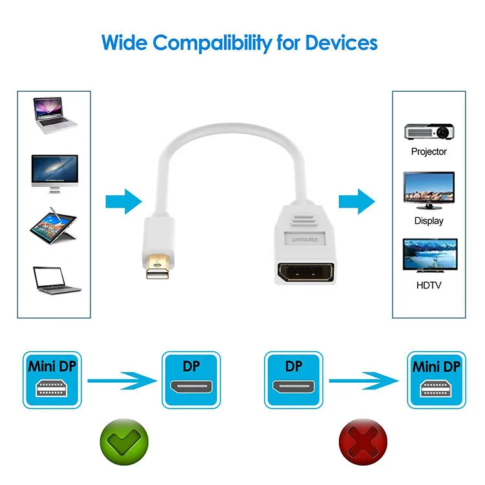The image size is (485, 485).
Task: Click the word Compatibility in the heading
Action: pos(211,43)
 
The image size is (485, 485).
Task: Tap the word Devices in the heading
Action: pos(341,43)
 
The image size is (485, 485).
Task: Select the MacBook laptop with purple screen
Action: pos(55,115)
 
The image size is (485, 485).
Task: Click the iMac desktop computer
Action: pos(55,174)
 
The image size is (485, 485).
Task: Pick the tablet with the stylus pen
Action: pos(54,226)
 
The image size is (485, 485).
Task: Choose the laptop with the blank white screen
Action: pos(57,280)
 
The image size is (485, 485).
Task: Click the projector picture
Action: pos(429,132)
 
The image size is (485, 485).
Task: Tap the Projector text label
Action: pos(429,151)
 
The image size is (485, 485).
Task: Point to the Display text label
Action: pos(429,221)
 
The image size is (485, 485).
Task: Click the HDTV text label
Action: pos(429,285)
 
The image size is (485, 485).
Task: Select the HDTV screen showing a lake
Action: pos(430,255)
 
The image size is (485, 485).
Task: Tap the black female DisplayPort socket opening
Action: pos(306,272)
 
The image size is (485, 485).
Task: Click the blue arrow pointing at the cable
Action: pos(124,201)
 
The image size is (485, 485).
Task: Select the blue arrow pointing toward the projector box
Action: pos(357,201)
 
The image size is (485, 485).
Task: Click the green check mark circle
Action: pos(124,442)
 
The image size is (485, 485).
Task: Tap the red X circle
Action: pos(363,442)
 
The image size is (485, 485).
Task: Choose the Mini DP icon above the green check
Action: pos(52,380)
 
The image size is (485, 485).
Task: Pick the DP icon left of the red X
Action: pos(294,380)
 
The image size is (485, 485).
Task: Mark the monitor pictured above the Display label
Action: pos(429,191)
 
